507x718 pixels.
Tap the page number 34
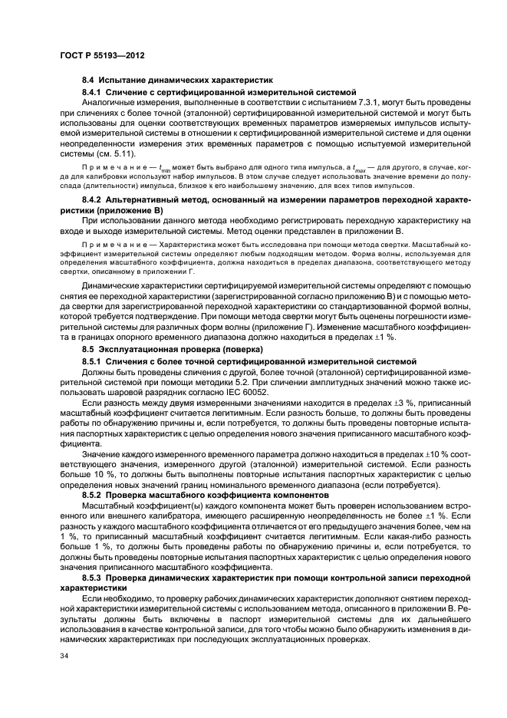[64, 656]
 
